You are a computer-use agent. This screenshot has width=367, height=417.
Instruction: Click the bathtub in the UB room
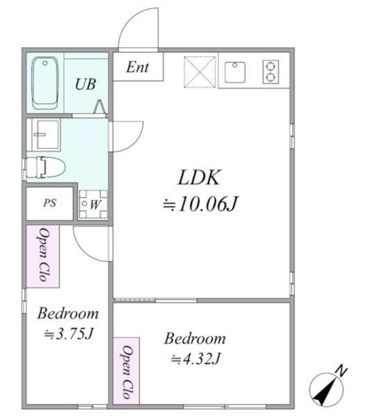[45, 83]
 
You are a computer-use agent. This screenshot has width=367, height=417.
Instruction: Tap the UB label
[85, 84]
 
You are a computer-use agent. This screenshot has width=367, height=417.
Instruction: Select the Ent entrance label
[138, 67]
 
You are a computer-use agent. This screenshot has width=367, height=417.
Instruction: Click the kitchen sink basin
[235, 72]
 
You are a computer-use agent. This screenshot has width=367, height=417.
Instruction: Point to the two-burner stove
[271, 72]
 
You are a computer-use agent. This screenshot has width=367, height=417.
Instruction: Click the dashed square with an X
[199, 72]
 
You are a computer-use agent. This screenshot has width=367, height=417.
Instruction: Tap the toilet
[45, 167]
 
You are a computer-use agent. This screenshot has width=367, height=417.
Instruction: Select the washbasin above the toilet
[46, 135]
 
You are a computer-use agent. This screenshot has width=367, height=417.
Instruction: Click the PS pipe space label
[50, 203]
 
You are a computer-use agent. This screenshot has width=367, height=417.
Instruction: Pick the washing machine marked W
[93, 204]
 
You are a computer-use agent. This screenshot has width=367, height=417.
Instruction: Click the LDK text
[199, 178]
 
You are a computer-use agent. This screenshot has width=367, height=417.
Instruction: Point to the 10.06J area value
[200, 204]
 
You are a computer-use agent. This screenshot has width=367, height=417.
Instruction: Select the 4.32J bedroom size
[196, 358]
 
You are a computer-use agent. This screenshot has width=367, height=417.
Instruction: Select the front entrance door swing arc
[134, 19]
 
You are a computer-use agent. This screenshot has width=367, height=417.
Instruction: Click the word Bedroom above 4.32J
[195, 339]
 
